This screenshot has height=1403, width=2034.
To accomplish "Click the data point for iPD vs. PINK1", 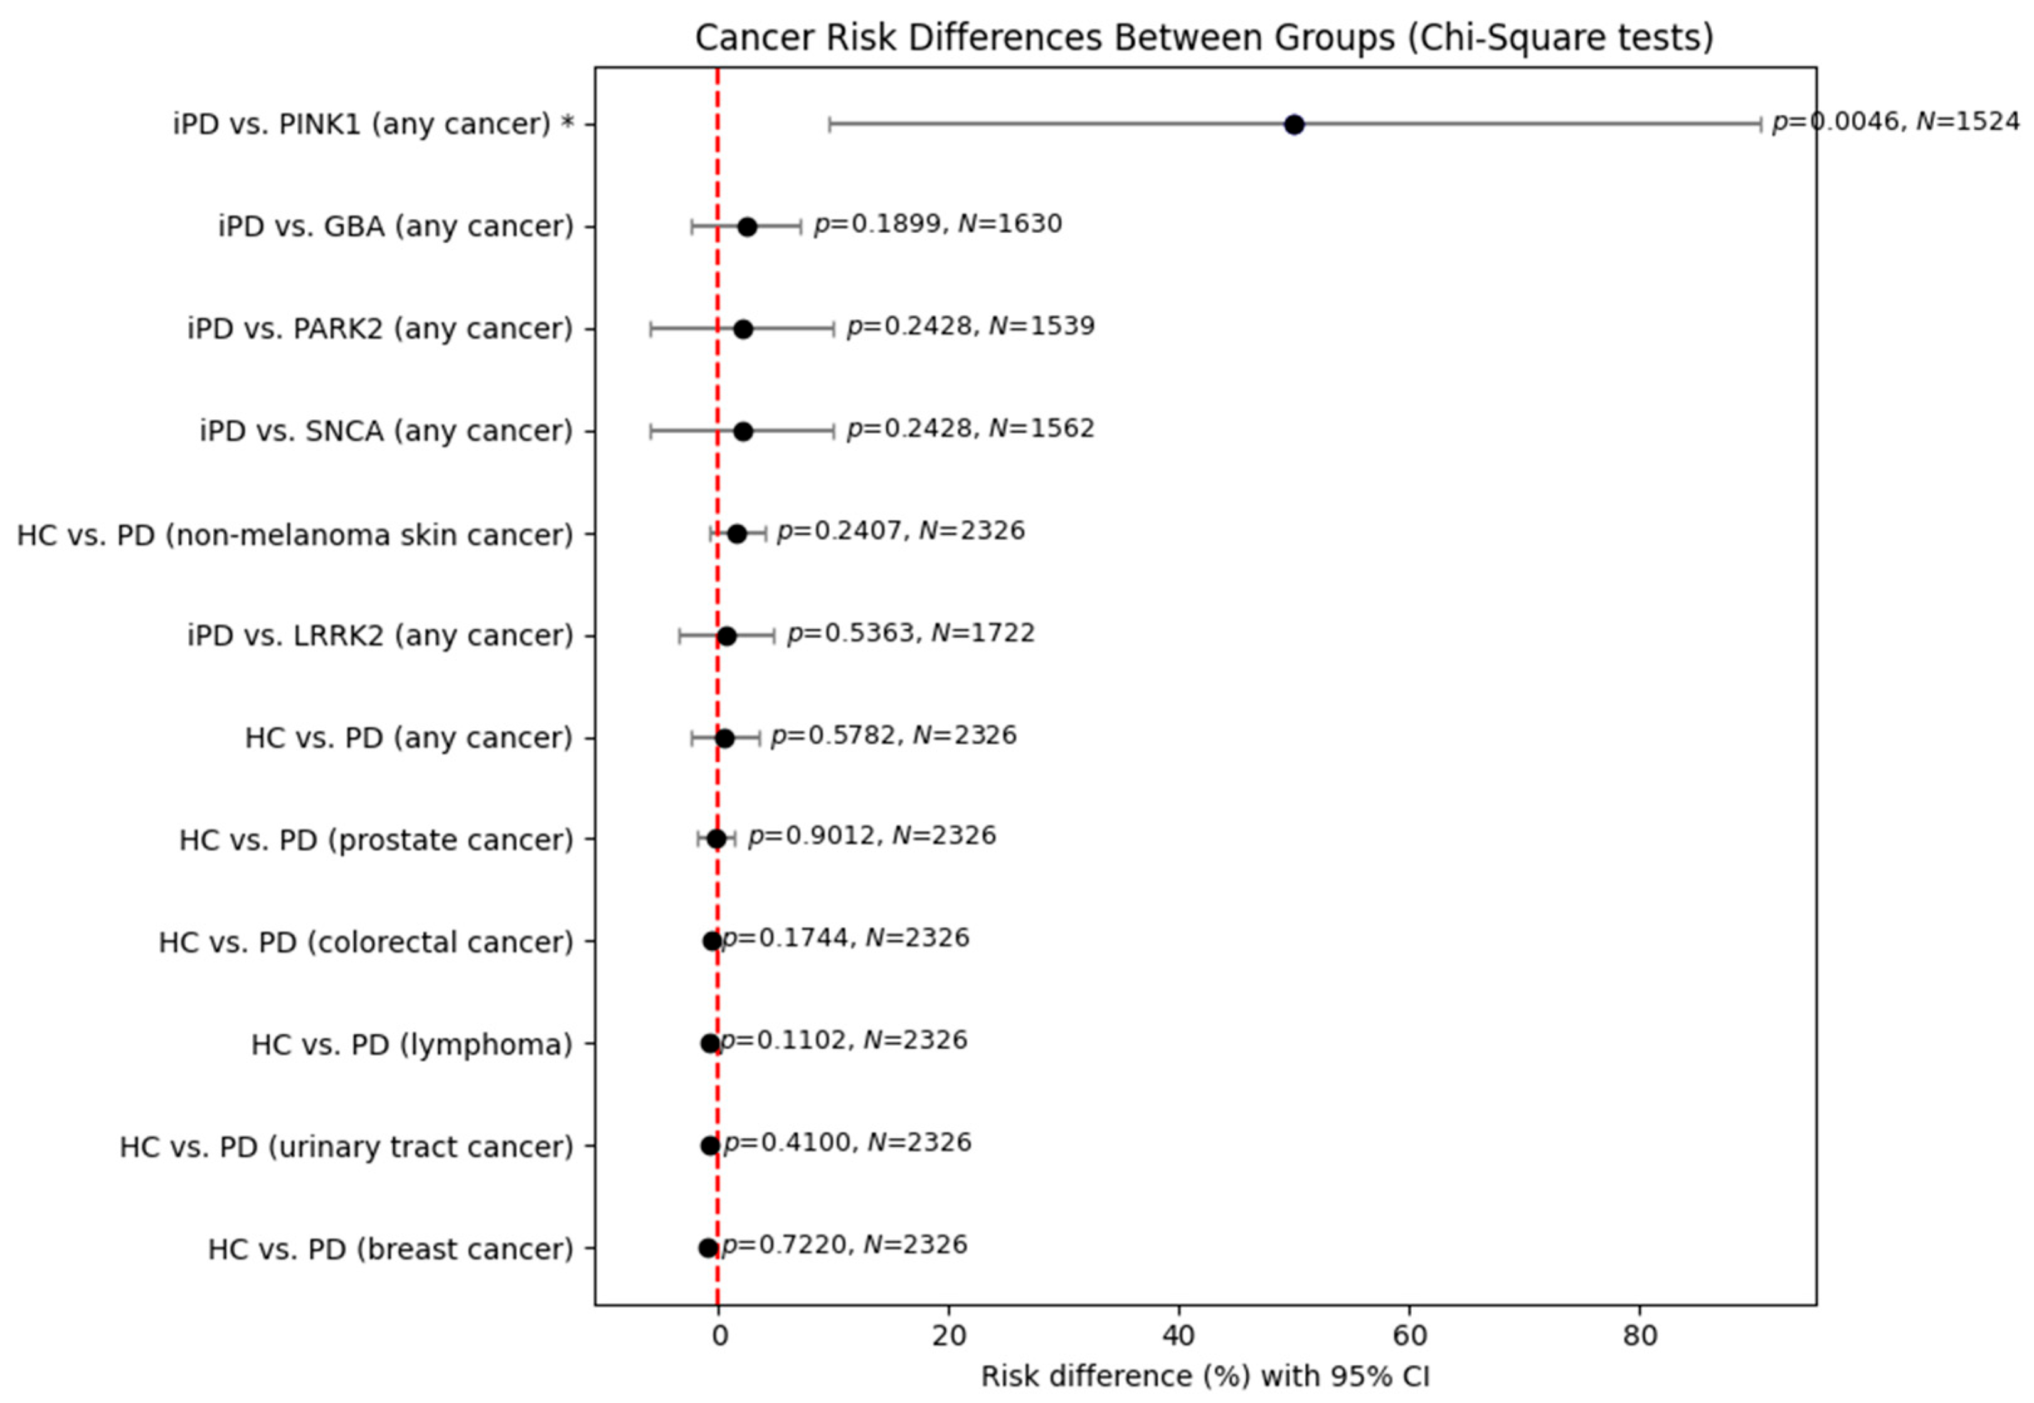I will pos(1293,125).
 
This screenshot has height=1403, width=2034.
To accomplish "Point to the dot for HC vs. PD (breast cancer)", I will pos(709,1248).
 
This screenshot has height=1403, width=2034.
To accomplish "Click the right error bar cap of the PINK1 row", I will pos(1761,125).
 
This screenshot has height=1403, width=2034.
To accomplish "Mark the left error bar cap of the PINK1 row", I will pos(829,125).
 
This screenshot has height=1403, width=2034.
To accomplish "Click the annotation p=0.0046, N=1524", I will pos(1895,122).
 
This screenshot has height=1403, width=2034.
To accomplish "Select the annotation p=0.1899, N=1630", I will pos(938,224).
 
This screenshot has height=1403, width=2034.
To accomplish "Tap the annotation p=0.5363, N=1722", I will pos(911,633).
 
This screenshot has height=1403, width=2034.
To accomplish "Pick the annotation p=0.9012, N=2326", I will pos(871,836).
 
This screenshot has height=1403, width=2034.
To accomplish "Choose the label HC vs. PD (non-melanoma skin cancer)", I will pos(295,535).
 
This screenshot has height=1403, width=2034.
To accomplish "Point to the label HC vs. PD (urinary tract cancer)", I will pos(346,1147).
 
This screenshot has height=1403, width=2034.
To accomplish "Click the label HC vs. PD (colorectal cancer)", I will pos(366,942).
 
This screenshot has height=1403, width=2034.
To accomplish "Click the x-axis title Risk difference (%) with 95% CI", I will pos(1205,1377).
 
